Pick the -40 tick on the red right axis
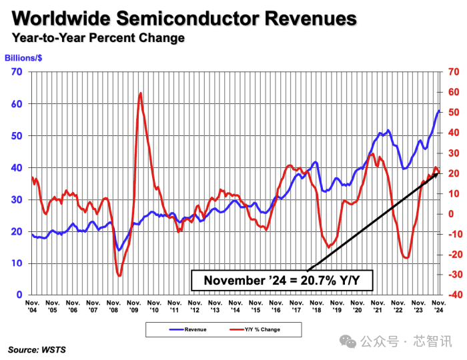455,295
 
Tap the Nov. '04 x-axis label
32,306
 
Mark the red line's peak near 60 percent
140,93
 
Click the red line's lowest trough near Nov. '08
119,275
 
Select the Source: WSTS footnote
37,349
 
